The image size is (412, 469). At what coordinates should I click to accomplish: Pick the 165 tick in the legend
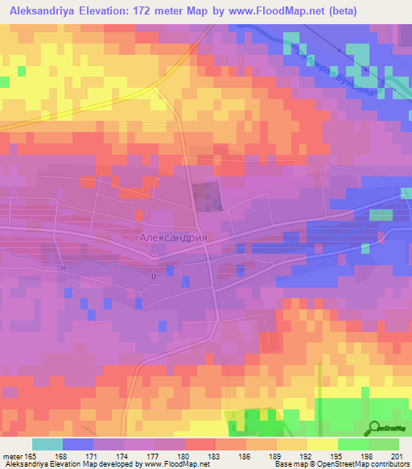[x=33, y=456]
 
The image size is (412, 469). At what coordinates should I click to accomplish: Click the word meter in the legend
[x=13, y=456]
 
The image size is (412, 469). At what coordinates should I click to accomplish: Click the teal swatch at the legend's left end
[x=47, y=444]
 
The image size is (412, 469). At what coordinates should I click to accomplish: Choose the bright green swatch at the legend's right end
[x=384, y=444]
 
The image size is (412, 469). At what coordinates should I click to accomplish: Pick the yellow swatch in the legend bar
[x=323, y=444]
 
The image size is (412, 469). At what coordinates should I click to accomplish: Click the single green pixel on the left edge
[x=4, y=81]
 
